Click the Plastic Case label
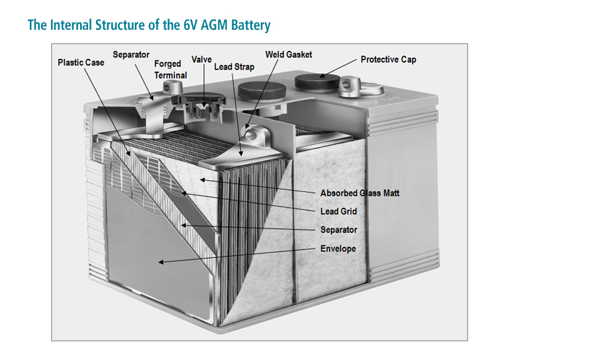tap(81, 63)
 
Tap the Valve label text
tap(201, 60)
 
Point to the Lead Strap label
tap(234, 67)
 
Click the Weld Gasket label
tap(288, 54)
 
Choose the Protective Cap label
tap(388, 60)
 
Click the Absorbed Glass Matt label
tap(360, 193)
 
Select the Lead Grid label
tap(338, 212)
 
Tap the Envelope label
tap(338, 249)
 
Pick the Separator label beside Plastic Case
tap(131, 54)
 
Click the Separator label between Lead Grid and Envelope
tap(338, 230)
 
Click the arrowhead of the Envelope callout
tap(161, 263)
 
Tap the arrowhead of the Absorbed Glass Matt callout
tap(203, 179)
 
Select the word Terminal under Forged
tap(170, 75)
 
